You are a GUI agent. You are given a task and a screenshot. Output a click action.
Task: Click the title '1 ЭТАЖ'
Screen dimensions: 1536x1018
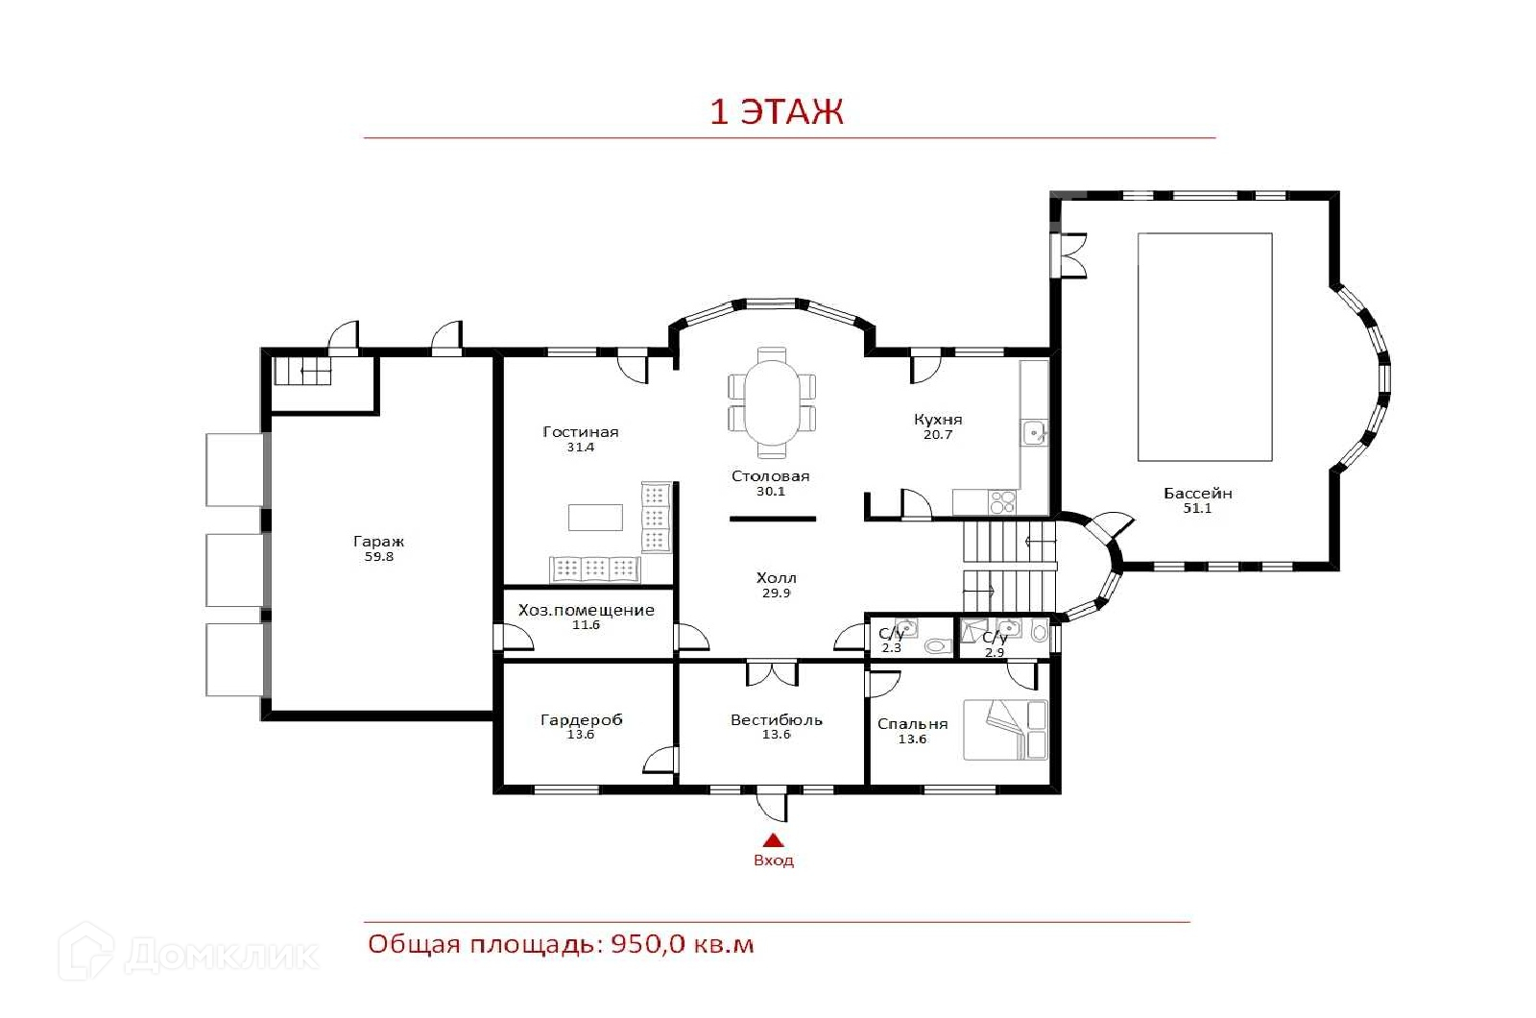[x=776, y=111]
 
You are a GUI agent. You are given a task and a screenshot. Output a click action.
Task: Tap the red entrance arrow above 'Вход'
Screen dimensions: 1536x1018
[x=774, y=840]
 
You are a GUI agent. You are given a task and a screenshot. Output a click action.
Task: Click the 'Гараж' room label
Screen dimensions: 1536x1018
[x=378, y=542]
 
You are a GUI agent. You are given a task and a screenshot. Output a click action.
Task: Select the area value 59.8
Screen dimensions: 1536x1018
[x=378, y=556]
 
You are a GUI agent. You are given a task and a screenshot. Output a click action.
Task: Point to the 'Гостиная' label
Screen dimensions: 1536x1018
[x=580, y=432]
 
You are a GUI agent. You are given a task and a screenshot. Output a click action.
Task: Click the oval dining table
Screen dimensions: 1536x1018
[x=772, y=402]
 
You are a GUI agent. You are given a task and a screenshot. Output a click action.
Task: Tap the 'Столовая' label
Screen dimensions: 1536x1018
[x=770, y=476]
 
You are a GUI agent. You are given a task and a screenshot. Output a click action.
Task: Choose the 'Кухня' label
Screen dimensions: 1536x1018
[x=937, y=419]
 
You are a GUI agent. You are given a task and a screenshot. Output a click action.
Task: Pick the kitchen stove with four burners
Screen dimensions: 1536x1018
[x=1002, y=502]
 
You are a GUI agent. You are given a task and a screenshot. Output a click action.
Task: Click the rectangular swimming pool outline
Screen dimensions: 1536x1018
[x=1205, y=347]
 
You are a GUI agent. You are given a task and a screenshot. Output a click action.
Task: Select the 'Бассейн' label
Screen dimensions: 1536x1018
[x=1197, y=494]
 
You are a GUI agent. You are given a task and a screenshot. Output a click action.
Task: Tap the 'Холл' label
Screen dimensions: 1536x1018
[x=776, y=578]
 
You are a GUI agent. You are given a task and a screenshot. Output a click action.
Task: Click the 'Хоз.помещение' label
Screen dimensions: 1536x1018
[x=586, y=611]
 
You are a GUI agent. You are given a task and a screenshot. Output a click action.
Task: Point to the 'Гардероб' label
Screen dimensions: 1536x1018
[x=581, y=720]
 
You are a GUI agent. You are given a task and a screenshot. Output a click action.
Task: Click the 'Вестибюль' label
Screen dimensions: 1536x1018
[x=776, y=720]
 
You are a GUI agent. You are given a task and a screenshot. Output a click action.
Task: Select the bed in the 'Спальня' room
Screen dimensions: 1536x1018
[x=1005, y=730]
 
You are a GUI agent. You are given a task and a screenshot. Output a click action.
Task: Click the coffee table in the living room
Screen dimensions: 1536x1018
[x=595, y=518]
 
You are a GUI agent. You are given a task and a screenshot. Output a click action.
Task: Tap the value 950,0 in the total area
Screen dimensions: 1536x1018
[x=647, y=945]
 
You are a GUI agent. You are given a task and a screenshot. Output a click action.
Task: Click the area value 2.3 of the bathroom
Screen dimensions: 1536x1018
[x=891, y=648]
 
